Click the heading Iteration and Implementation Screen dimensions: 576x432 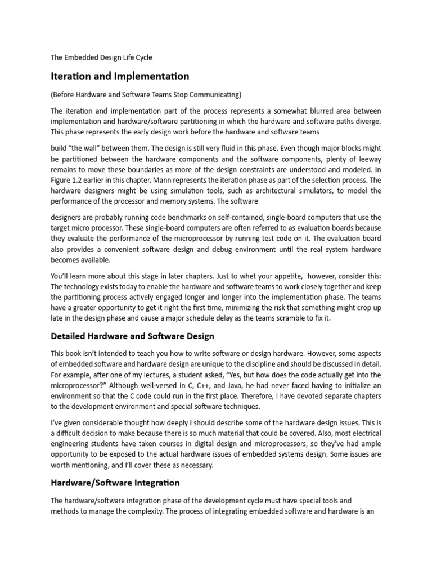click(x=120, y=75)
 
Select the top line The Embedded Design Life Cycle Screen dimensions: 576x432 click(x=101, y=57)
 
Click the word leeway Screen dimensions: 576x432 click(x=367, y=159)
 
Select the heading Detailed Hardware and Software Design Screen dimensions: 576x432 click(x=132, y=336)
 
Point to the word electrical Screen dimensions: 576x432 click(x=360, y=434)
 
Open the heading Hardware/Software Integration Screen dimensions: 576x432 click(x=115, y=483)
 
